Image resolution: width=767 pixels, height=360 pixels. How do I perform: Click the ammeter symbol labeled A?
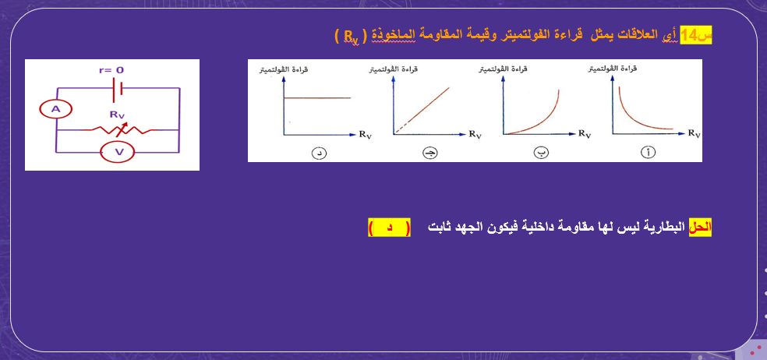pos(55,111)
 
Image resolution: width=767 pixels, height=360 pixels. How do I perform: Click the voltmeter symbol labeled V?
pos(119,152)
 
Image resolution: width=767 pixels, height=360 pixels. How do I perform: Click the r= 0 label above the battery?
pos(111,70)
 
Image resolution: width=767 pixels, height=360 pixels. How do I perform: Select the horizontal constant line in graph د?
pos(316,97)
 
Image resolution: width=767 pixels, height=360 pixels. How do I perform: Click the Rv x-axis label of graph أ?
pos(694,134)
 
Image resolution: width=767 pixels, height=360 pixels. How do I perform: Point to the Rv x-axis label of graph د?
pos(366,135)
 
